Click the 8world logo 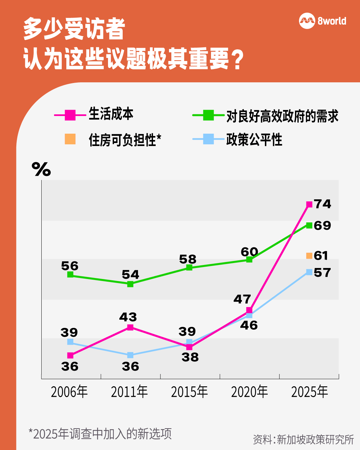[x=322, y=21]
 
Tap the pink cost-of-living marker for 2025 [x=309, y=204]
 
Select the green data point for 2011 [x=130, y=284]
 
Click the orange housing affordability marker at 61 [x=309, y=256]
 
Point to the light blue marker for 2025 [x=309, y=272]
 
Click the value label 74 [x=322, y=204]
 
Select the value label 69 [x=322, y=226]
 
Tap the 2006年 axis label [x=69, y=392]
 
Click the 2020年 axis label [x=249, y=392]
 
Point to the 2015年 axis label [x=189, y=392]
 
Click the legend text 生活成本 [x=111, y=114]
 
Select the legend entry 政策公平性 [x=254, y=140]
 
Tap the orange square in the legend [x=70, y=139]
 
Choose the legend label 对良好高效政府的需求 [x=282, y=116]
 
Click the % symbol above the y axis [x=41, y=169]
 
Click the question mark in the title [x=238, y=60]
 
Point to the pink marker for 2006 [x=70, y=355]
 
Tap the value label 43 [x=128, y=317]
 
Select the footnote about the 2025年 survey [x=100, y=434]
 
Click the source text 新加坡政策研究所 [x=315, y=439]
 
